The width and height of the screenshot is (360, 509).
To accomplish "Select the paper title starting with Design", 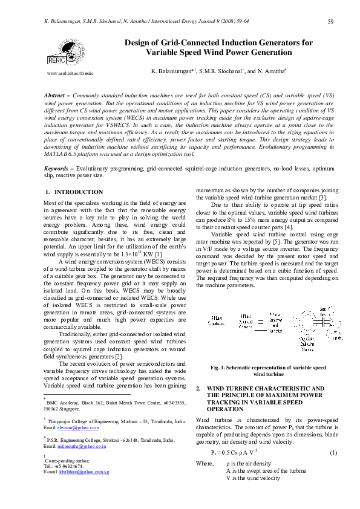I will click(218, 48).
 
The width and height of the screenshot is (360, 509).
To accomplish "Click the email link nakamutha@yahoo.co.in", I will click(82, 446).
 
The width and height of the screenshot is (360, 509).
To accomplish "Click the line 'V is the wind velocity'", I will click(253, 478).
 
